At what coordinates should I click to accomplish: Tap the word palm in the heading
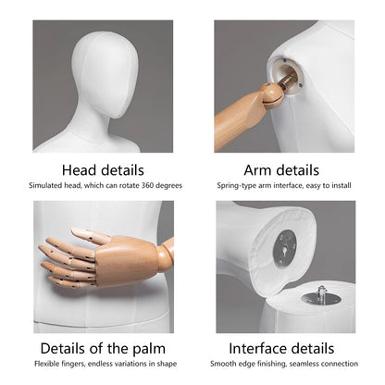[149, 349]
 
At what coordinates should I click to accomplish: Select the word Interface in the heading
[253, 349]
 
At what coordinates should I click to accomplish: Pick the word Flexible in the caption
[46, 364]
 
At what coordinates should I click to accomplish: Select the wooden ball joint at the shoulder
[271, 96]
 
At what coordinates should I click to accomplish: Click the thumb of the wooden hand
[90, 235]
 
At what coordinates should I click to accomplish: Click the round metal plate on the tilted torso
[285, 249]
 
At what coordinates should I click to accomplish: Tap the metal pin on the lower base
[321, 294]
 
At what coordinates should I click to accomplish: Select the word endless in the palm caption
[100, 364]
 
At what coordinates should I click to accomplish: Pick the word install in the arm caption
[342, 185]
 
